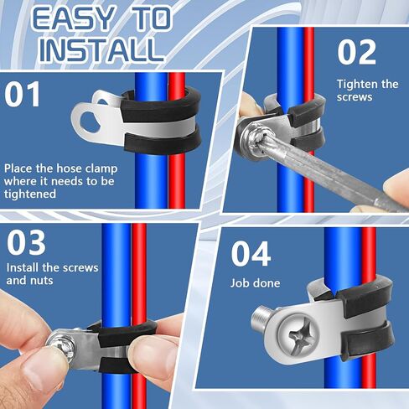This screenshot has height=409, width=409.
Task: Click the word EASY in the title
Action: (x=74, y=18)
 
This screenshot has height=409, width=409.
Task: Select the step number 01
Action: (x=23, y=95)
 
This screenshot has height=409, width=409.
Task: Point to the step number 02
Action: (x=356, y=52)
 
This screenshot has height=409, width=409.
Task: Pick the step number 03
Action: (x=26, y=242)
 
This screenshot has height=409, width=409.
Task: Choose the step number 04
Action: (x=251, y=254)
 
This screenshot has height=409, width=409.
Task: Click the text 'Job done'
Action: (x=255, y=283)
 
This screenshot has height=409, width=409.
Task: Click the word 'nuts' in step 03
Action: (x=42, y=281)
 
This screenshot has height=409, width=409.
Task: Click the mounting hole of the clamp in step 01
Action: (x=90, y=122)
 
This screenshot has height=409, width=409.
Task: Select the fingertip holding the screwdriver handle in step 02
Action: (x=396, y=184)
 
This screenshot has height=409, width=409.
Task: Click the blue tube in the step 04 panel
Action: (x=339, y=308)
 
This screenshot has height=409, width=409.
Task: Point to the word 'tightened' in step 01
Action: (x=30, y=194)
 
